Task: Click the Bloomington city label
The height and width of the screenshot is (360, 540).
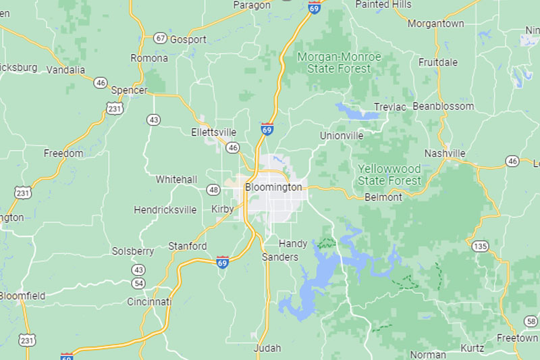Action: point(273,187)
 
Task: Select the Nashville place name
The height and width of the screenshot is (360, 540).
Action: point(445,153)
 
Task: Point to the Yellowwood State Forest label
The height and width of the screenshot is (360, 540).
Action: point(389,174)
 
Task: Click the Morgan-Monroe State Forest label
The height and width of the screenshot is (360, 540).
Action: point(339,62)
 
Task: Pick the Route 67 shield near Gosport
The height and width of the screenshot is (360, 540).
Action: point(160,38)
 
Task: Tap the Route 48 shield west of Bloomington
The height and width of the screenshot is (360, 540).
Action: point(213,190)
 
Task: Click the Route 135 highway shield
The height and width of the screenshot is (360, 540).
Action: point(480,246)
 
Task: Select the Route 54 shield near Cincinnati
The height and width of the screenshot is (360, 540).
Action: point(138,283)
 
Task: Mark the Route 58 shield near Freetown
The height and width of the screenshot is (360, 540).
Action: point(531,321)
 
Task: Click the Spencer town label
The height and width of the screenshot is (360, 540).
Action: point(129,90)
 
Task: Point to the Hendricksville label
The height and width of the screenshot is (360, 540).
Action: point(165,210)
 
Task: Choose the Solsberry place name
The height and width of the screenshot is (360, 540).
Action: point(133,251)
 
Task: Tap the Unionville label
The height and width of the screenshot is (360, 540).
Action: point(342,136)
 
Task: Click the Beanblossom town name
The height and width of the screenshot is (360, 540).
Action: point(443,106)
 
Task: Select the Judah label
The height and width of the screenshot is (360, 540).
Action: point(267,349)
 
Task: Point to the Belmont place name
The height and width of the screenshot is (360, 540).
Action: point(383,197)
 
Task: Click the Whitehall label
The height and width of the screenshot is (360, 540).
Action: point(176,180)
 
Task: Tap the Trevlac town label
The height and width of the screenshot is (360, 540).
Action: point(389,107)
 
